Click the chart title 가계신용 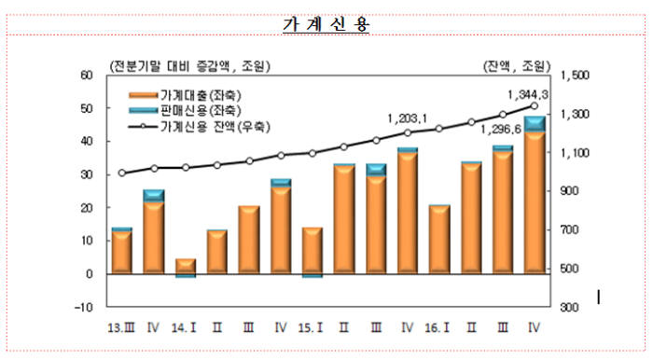click(326, 25)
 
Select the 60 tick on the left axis click(86, 75)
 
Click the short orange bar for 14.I click(185, 267)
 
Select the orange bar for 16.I click(438, 241)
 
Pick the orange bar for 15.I click(312, 251)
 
